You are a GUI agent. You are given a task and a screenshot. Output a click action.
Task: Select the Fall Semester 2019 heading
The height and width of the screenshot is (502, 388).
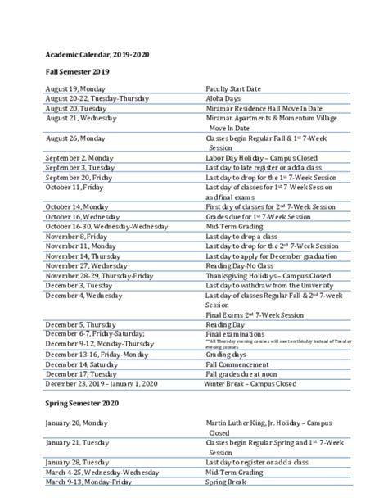(77, 72)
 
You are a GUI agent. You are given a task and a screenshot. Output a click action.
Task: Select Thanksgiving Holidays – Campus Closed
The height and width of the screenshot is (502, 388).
(268, 275)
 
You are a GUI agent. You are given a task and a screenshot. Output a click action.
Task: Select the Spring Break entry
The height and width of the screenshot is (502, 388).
(228, 481)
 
